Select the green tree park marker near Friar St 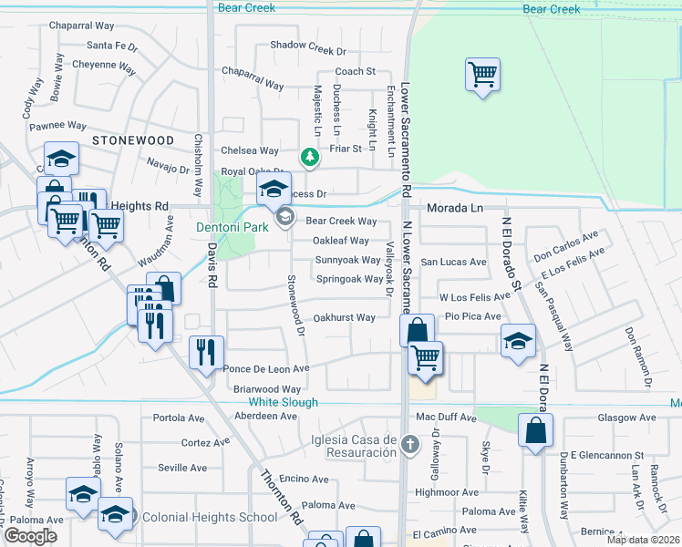310,158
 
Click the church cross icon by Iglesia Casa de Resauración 410,445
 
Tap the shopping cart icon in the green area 481,74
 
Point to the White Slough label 283,402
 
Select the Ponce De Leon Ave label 266,369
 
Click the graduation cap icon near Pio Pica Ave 518,341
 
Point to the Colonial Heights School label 209,518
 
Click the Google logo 30,536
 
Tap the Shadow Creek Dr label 308,45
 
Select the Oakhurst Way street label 344,318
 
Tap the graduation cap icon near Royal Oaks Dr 272,191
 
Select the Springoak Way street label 348,279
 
